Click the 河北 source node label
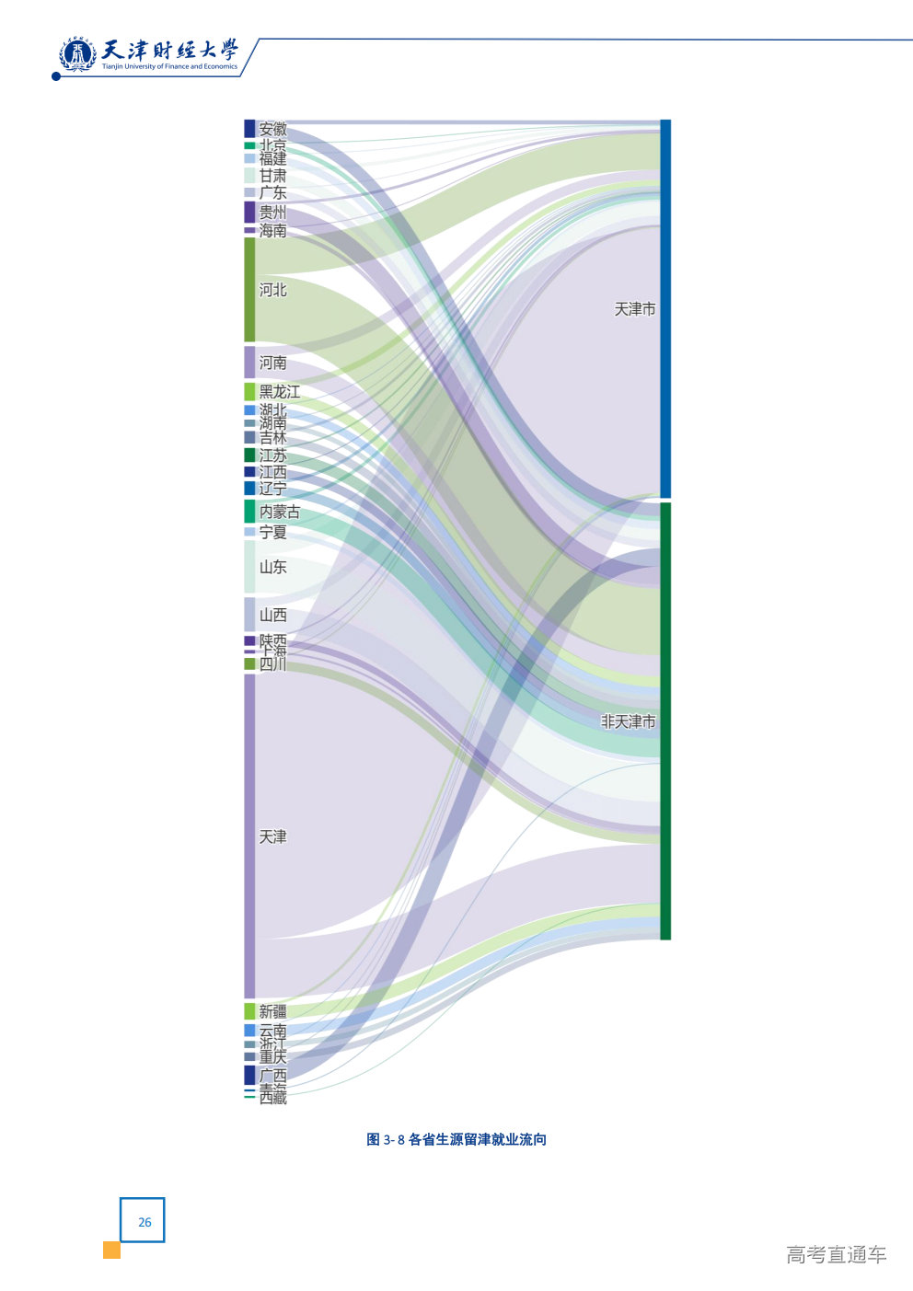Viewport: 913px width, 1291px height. (272, 290)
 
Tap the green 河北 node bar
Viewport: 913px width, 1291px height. (249, 290)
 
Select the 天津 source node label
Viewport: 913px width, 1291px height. (272, 836)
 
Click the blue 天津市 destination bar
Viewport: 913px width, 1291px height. (665, 308)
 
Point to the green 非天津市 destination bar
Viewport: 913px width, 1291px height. (665, 720)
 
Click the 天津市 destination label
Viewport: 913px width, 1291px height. (635, 309)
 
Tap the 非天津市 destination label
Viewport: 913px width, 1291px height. (628, 721)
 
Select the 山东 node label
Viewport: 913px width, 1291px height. (272, 567)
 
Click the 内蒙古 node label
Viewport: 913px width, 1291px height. (279, 512)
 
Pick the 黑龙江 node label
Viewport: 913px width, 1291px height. (279, 392)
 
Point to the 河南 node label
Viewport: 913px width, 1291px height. (272, 363)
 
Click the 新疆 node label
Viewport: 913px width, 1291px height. (272, 1011)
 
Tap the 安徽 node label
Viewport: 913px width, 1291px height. (272, 129)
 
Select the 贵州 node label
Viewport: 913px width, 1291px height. (272, 213)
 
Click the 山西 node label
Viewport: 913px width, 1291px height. (272, 615)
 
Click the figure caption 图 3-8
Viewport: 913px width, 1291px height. (456, 1139)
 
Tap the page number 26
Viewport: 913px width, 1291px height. (144, 1221)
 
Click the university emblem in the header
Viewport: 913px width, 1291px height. (77, 55)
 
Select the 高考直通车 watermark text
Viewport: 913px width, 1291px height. (836, 1254)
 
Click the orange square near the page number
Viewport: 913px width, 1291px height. (111, 1250)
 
